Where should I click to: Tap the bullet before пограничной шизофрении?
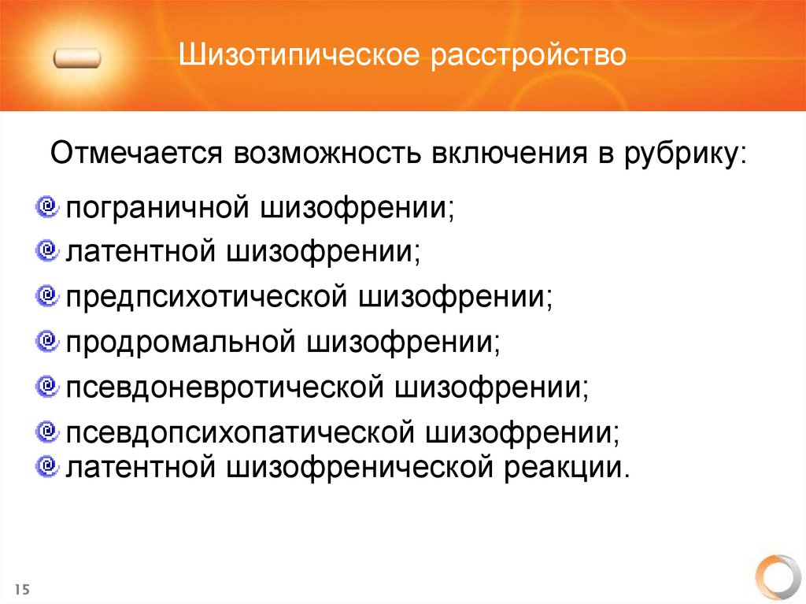(47, 207)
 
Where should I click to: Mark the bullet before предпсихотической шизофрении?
(47, 295)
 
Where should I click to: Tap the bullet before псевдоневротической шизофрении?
(47, 385)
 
